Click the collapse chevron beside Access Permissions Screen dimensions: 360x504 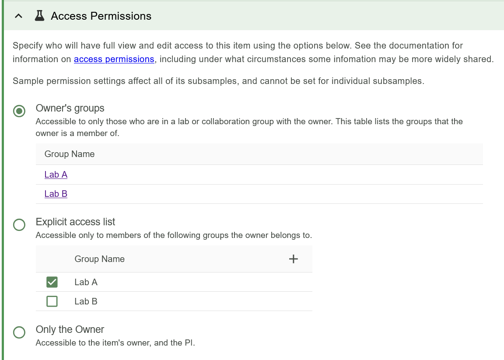click(x=18, y=16)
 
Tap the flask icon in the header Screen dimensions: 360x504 click(x=39, y=16)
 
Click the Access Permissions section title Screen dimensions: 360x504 click(x=101, y=16)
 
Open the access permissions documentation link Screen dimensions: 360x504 click(x=114, y=59)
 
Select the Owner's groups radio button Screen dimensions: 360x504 click(x=19, y=112)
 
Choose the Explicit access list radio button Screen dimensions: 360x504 click(x=19, y=225)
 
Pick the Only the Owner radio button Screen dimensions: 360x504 click(x=19, y=332)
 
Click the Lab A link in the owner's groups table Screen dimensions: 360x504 click(x=56, y=175)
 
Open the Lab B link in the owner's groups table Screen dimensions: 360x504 click(x=56, y=194)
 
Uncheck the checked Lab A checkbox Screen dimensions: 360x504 click(x=52, y=282)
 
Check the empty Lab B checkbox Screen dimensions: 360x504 click(x=52, y=301)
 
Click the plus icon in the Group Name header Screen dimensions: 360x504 click(x=294, y=259)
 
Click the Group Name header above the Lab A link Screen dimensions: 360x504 click(x=70, y=154)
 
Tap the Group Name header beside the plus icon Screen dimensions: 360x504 click(x=100, y=259)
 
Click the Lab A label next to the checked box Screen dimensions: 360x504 click(x=86, y=282)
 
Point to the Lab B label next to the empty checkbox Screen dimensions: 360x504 click(x=86, y=301)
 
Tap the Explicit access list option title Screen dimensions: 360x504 click(x=76, y=222)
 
